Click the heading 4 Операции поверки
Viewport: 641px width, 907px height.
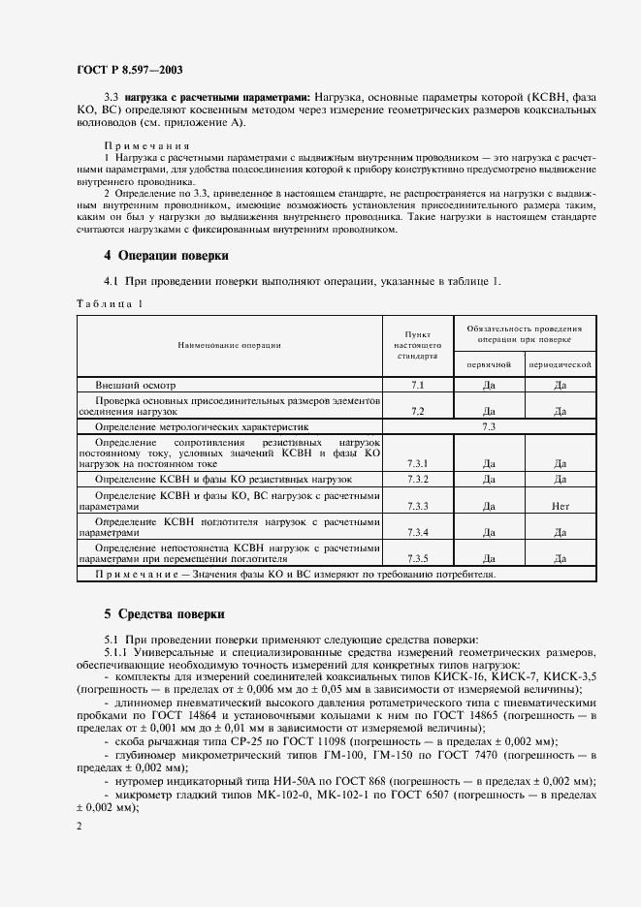(166, 257)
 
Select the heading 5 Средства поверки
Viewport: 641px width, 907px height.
(164, 614)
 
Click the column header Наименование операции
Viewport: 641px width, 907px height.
(229, 345)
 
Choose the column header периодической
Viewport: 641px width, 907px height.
(560, 364)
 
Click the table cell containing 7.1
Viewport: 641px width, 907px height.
(418, 385)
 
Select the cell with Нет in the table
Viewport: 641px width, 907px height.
(560, 506)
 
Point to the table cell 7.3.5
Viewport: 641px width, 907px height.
(418, 558)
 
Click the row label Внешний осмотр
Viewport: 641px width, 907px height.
(136, 385)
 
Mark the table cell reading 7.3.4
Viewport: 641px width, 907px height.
(418, 532)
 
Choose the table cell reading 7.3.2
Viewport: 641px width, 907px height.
(418, 480)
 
